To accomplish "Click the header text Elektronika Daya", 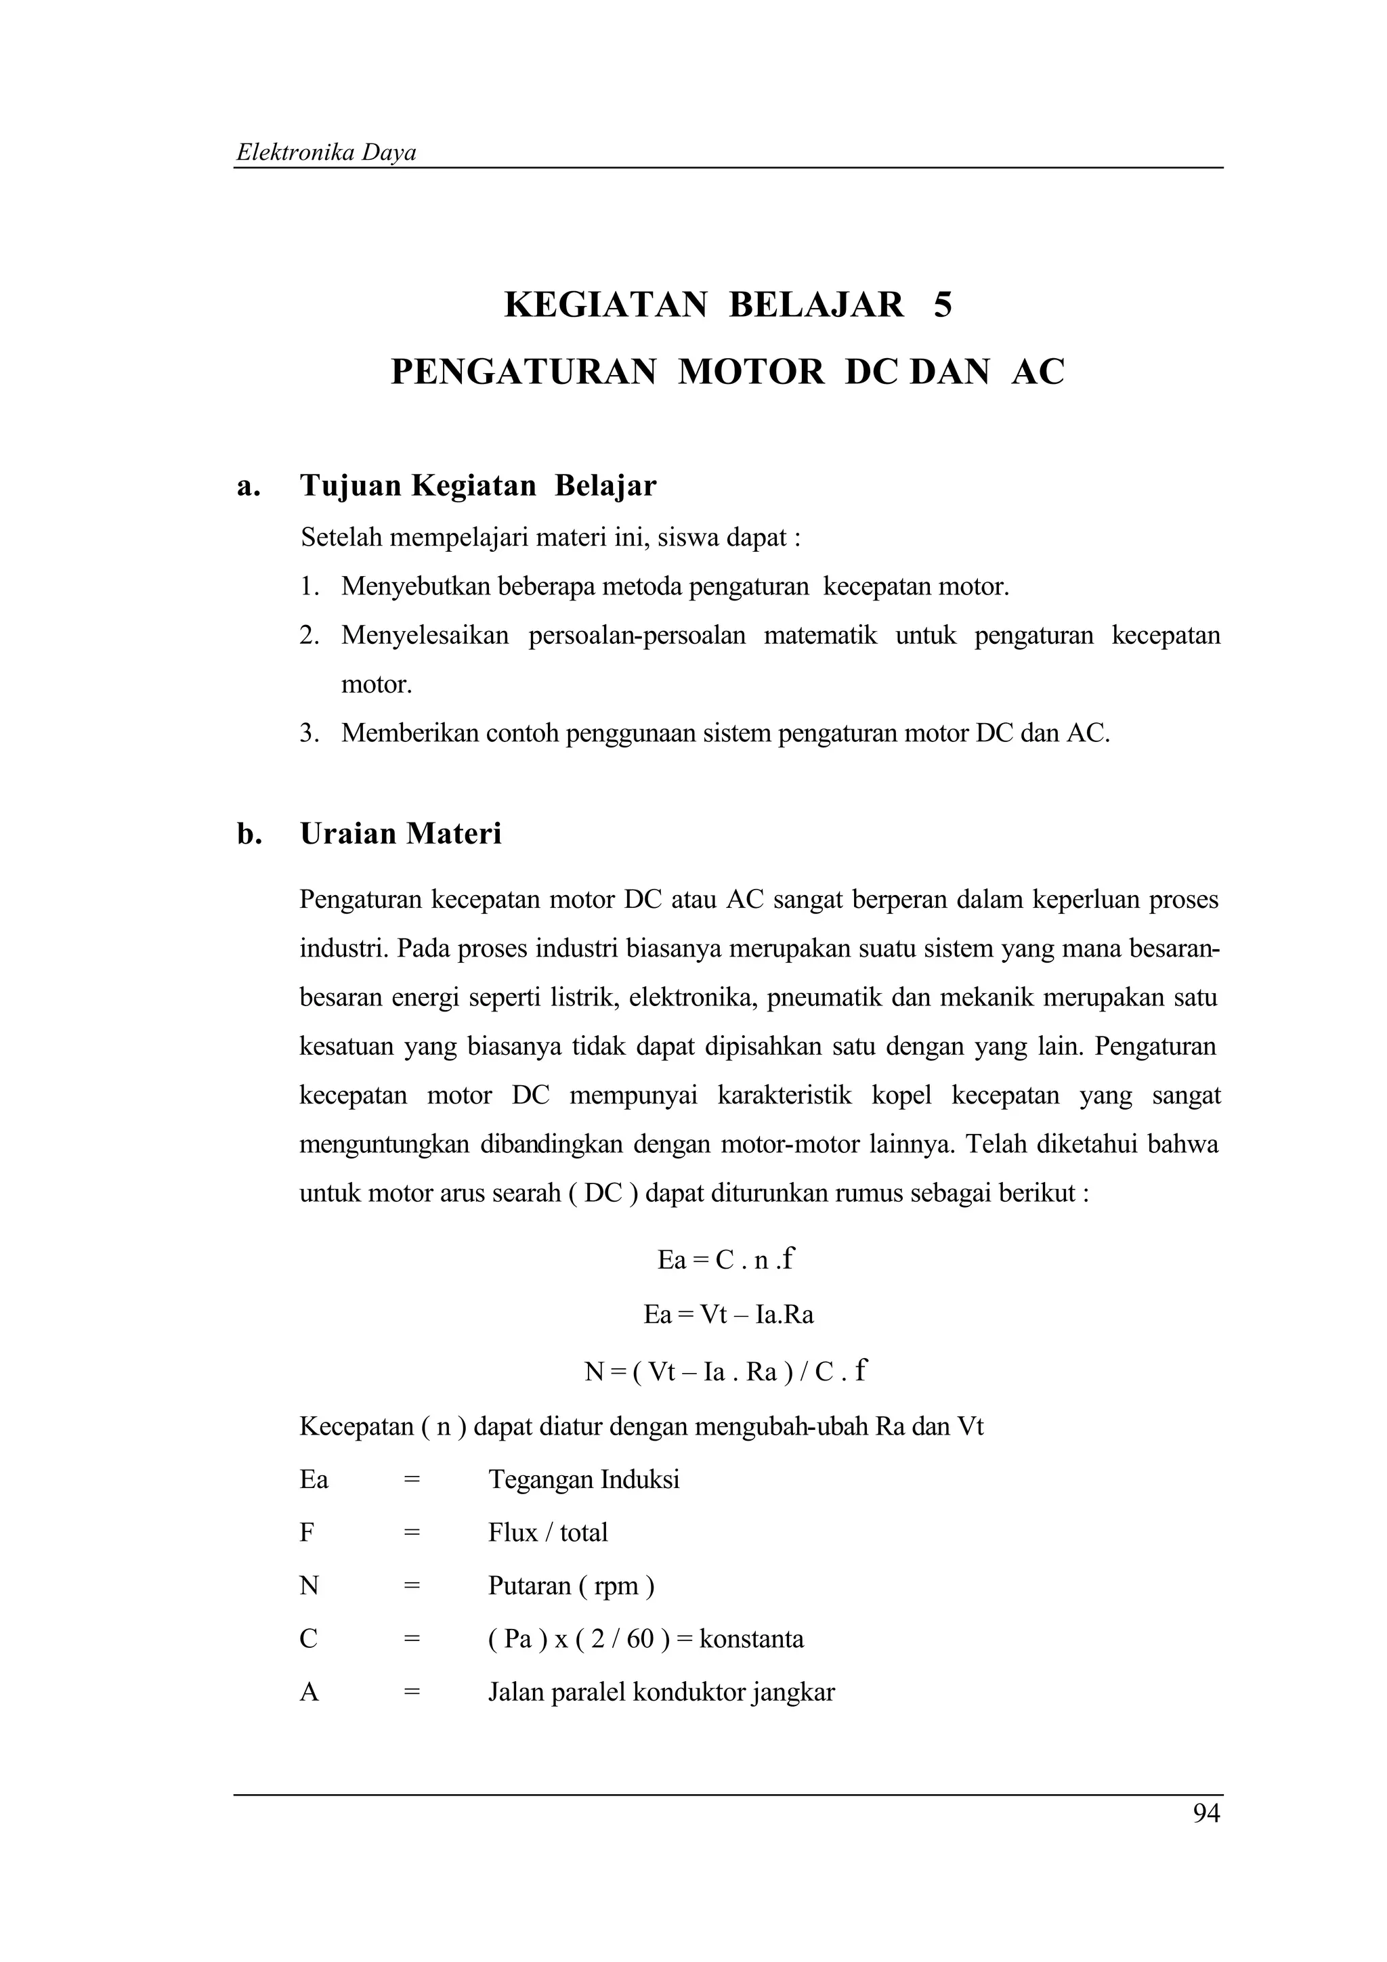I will click(326, 153).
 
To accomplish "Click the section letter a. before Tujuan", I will click(248, 486).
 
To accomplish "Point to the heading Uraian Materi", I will click(400, 833).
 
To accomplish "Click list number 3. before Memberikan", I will click(309, 733).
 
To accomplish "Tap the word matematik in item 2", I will click(819, 636).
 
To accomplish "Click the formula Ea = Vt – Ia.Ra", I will click(728, 1313).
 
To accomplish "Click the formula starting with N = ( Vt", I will click(725, 1372).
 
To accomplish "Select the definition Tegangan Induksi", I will click(584, 1479).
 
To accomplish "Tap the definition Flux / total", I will click(548, 1532).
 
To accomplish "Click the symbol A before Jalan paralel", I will click(309, 1692).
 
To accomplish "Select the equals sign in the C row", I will click(412, 1639).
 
